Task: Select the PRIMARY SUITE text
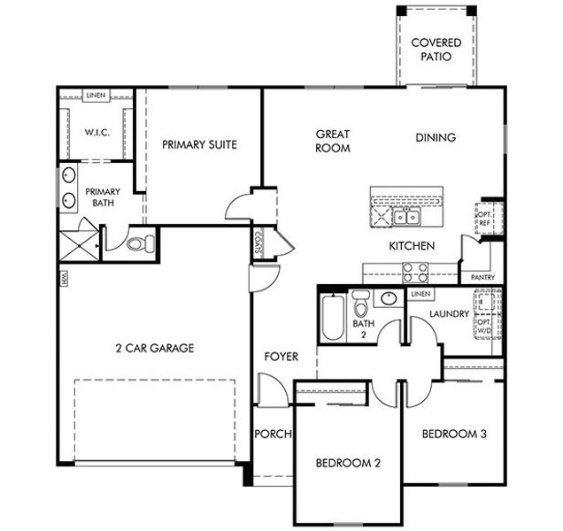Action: [199, 144]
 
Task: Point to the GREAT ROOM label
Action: [333, 142]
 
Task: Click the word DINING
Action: [436, 137]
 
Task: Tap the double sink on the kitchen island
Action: [407, 217]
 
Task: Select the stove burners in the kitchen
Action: [416, 272]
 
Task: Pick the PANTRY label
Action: [482, 277]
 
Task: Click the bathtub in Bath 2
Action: [333, 317]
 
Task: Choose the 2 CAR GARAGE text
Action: [154, 348]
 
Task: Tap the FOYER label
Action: [281, 357]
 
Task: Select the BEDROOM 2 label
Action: [348, 463]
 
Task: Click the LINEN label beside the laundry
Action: [420, 294]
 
